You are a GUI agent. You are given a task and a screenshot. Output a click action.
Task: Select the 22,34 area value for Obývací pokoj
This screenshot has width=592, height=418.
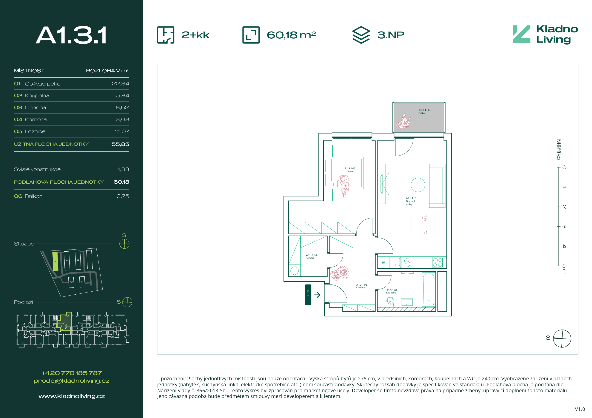[120, 84]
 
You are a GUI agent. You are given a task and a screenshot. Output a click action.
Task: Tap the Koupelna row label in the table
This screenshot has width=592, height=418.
[37, 96]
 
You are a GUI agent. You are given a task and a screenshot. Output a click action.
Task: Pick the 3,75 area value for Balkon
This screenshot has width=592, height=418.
[123, 196]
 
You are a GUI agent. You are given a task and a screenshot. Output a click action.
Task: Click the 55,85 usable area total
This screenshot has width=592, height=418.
[120, 144]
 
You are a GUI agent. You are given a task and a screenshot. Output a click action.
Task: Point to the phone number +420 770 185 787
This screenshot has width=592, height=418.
[72, 373]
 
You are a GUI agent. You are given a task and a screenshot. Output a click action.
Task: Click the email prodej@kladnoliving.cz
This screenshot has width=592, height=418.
[72, 381]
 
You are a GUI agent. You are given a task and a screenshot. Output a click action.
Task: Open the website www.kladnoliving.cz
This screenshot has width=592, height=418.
[72, 396]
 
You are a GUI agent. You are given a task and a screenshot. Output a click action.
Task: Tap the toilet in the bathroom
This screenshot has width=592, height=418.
[390, 301]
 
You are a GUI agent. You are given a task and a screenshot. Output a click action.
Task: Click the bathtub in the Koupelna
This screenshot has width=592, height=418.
[428, 289]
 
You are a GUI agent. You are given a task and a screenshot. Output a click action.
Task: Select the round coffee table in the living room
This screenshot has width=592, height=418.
[418, 185]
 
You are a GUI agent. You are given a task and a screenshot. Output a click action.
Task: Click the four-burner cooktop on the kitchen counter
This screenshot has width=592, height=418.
[438, 262]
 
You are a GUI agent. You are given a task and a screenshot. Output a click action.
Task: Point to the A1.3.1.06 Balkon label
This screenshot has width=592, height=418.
[424, 111]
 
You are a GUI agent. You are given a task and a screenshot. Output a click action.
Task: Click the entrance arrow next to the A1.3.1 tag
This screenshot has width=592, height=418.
[317, 295]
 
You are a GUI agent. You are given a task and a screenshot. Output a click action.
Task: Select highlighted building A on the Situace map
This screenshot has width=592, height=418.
[55, 261]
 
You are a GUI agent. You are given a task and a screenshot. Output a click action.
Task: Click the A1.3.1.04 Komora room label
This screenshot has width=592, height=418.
[311, 256]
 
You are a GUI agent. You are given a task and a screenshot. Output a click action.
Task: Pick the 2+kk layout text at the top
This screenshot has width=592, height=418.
[195, 35]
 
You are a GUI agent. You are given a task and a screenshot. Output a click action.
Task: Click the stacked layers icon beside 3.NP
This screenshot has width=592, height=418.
[361, 35]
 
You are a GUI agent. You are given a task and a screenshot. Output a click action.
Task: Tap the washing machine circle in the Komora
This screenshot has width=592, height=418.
[294, 270]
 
